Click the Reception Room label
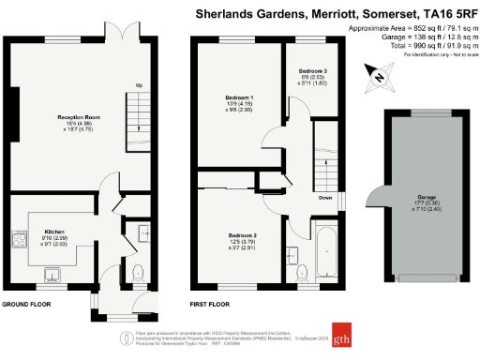click(x=52, y=117)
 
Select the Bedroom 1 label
click(x=239, y=97)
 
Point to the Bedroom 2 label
click(x=241, y=234)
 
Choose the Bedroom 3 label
click(x=312, y=71)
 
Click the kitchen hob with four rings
click(x=19, y=239)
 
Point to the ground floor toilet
click(x=138, y=273)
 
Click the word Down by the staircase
click(x=323, y=198)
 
